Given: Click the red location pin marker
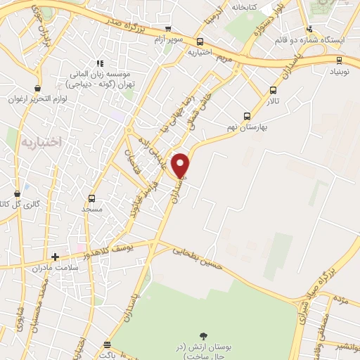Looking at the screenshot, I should click(181, 165).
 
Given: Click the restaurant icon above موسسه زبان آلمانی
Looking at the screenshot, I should click(102, 62).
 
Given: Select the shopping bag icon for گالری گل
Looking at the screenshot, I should click(18, 193).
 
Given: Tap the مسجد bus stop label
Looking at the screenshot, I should click(92, 210).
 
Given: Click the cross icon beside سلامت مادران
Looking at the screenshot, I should click(55, 257).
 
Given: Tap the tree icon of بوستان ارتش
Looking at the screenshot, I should click(204, 335).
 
